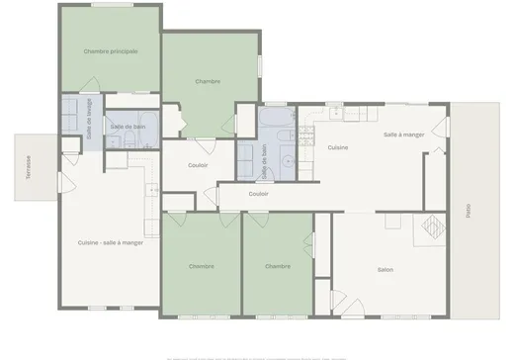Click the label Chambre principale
(110, 50)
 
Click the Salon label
(386, 268)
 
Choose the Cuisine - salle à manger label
(111, 242)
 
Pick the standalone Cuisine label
(337, 147)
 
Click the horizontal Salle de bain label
(128, 127)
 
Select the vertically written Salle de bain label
(265, 161)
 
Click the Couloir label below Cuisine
(259, 194)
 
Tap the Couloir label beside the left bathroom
(198, 165)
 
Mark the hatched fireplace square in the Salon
(433, 228)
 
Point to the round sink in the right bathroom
(287, 160)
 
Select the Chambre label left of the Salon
(278, 266)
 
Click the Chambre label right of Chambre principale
(208, 81)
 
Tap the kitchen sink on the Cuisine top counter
(337, 114)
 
